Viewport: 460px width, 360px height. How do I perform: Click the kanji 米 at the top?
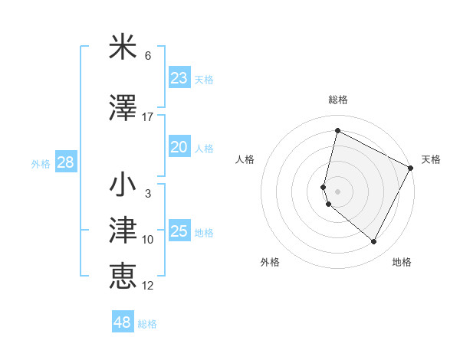click(123, 47)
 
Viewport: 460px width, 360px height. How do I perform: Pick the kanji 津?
click(123, 231)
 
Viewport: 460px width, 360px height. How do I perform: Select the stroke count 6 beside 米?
click(148, 56)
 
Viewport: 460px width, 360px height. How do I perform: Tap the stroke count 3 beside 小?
click(148, 194)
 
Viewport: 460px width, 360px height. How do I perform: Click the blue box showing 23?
click(179, 78)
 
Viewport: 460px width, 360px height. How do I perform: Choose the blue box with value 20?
click(179, 148)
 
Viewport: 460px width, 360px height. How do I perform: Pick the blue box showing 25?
click(179, 231)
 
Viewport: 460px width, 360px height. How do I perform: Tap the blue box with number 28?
click(65, 162)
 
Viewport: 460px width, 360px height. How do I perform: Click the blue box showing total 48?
click(123, 322)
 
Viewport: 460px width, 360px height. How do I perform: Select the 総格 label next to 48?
click(147, 324)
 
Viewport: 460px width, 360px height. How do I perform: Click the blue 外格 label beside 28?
click(41, 164)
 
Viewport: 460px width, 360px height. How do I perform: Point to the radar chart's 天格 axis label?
click(431, 159)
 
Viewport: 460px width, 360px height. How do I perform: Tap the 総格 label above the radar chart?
click(338, 100)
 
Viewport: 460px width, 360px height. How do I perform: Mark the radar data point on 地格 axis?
click(373, 241)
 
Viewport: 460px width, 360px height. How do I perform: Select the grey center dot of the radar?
click(338, 191)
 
